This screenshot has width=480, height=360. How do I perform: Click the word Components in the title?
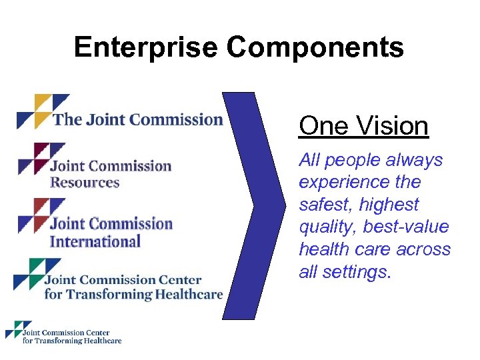click(x=315, y=47)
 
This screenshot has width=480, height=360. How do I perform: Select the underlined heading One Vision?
click(x=363, y=125)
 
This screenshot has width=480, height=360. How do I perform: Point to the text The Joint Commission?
click(x=137, y=120)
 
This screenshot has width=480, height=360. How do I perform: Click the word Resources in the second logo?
click(x=85, y=182)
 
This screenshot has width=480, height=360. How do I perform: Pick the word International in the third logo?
click(x=95, y=241)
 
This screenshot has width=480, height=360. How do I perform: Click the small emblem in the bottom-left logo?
click(x=14, y=330)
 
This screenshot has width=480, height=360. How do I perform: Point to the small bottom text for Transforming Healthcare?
click(x=72, y=341)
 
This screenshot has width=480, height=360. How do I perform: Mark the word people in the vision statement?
click(x=352, y=160)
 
